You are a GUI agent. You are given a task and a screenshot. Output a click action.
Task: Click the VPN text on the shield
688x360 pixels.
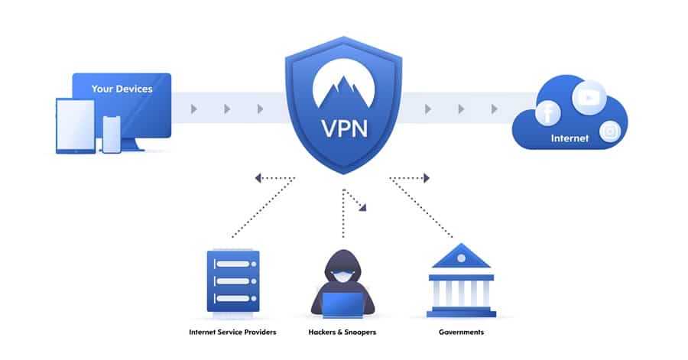(x=343, y=126)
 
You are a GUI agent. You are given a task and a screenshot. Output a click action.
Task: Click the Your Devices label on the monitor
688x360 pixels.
(x=122, y=89)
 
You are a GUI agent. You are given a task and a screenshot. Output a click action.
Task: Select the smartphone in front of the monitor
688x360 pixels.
(x=112, y=134)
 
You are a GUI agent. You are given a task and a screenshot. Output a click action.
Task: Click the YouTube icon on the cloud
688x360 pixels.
(x=589, y=98)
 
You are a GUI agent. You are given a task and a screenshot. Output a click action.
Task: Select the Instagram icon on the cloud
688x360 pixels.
(x=610, y=131)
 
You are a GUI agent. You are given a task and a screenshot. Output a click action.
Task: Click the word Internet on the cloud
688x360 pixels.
(x=570, y=138)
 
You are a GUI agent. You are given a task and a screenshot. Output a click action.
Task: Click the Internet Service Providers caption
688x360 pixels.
(x=232, y=332)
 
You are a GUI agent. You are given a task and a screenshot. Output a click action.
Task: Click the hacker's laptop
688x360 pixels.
(x=342, y=304)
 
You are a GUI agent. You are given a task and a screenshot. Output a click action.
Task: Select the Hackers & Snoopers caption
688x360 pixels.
(x=342, y=332)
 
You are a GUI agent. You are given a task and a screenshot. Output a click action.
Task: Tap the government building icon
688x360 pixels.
(x=462, y=283)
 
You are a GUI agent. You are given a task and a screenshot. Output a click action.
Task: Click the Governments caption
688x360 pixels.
(x=461, y=332)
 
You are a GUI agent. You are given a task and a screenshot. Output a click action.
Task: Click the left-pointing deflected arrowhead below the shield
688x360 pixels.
(x=259, y=178)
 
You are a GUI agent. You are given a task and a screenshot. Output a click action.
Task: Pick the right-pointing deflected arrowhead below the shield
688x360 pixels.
(x=427, y=178)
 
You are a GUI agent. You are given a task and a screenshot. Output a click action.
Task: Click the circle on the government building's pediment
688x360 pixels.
(x=462, y=257)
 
